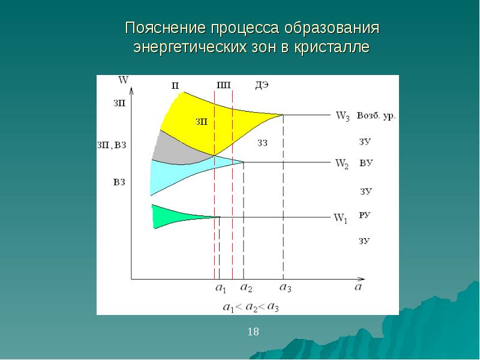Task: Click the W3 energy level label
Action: pyautogui.click(x=343, y=116)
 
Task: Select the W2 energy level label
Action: pyautogui.click(x=342, y=163)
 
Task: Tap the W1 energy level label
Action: pyautogui.click(x=340, y=218)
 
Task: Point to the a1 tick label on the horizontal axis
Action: pyautogui.click(x=221, y=288)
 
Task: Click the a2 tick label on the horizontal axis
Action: pyautogui.click(x=246, y=287)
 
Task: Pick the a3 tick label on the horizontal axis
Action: pyautogui.click(x=286, y=287)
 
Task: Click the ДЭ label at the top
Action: pyautogui.click(x=262, y=85)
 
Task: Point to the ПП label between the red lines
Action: pyautogui.click(x=223, y=85)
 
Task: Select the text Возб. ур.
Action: pyautogui.click(x=376, y=116)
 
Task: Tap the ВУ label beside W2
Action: pyautogui.click(x=366, y=163)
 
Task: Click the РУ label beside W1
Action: pyautogui.click(x=365, y=215)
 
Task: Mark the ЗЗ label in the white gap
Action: pyautogui.click(x=262, y=143)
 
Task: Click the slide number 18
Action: pyautogui.click(x=253, y=332)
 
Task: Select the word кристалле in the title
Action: pyautogui.click(x=332, y=47)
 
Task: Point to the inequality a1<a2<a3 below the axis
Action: pyautogui.click(x=251, y=307)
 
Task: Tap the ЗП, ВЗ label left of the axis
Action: pyautogui.click(x=112, y=145)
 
